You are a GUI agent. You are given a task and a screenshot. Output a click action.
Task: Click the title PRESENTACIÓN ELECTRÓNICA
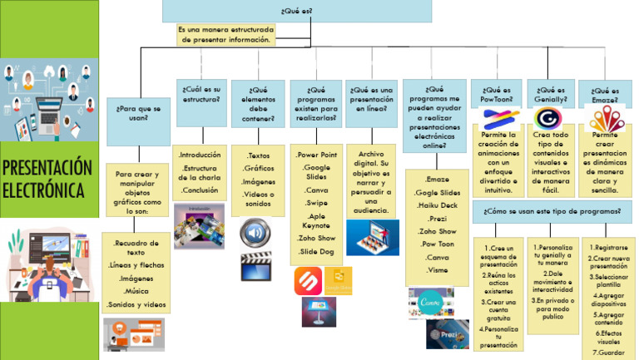coord(48,179)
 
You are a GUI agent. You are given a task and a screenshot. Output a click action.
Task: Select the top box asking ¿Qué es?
coord(296,11)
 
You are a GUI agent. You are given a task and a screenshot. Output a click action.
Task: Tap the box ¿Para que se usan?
coord(138,112)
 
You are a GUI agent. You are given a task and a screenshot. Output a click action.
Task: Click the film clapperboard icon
coord(256,267)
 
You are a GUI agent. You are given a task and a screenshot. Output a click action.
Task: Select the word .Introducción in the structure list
coord(200,155)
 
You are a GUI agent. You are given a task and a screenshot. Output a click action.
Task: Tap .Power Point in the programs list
coord(316,155)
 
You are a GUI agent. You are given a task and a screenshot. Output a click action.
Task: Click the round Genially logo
coord(548,116)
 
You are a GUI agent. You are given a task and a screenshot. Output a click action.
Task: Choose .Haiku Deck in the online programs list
coord(437,205)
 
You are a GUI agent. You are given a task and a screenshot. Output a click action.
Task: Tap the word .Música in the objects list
coord(137,292)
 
